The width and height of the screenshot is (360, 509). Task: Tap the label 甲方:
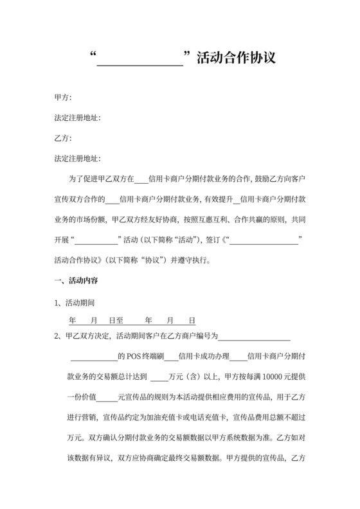point(63,98)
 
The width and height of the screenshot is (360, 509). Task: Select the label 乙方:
point(63,138)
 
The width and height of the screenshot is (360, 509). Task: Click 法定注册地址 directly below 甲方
point(78,118)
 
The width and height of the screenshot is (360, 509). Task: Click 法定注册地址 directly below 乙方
point(78,158)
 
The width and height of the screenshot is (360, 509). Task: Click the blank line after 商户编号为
point(255,335)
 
